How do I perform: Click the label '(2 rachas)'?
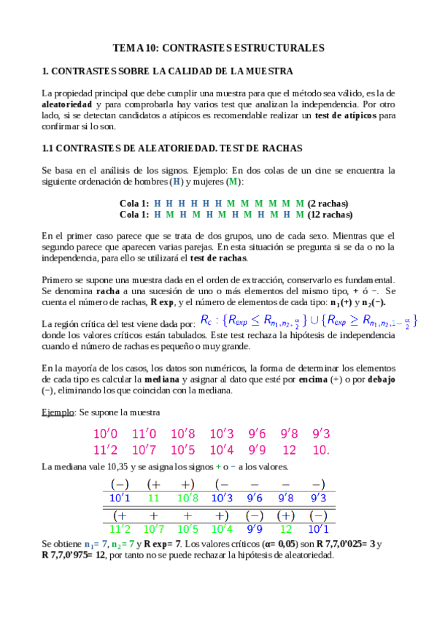pos(328,203)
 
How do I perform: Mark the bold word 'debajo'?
pos(381,380)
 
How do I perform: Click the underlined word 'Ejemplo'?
pos(58,412)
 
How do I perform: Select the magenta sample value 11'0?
pos(144,434)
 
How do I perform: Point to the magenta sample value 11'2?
pos(107,450)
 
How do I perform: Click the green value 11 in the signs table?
pos(154,498)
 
